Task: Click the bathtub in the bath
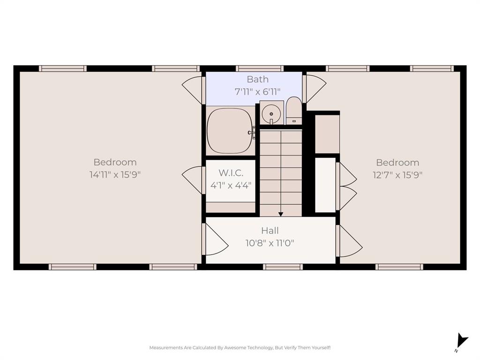click(230, 131)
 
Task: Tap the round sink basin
click(271, 113)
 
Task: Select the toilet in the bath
click(294, 111)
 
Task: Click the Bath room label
click(257, 79)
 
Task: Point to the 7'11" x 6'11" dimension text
click(257, 91)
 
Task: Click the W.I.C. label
click(231, 173)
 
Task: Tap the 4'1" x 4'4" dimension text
click(231, 185)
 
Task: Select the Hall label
click(270, 231)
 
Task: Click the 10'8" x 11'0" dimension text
click(270, 243)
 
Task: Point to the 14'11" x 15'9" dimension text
click(115, 174)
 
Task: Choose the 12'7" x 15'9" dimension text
click(397, 175)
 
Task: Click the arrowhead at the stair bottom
click(281, 214)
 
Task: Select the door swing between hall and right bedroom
click(349, 241)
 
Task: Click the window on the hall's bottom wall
click(283, 267)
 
